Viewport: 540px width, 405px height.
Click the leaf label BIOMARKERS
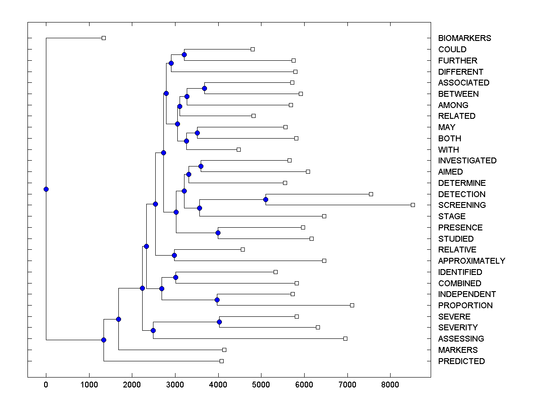coord(464,38)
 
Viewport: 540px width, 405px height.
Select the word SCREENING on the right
coord(462,205)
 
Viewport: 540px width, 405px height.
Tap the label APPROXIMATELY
coord(471,261)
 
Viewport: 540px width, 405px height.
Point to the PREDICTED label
coord(461,361)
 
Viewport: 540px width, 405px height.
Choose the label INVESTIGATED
coord(467,161)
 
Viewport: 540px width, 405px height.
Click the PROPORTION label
coord(465,306)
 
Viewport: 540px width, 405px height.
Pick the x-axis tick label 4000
coord(218,385)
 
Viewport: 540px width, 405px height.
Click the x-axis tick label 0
coord(46,385)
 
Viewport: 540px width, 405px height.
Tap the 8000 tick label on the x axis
coord(390,385)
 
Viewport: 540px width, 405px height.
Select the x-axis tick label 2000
coord(132,385)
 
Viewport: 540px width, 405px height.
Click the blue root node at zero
coord(46,189)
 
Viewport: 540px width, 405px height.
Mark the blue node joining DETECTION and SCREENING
coord(265,199)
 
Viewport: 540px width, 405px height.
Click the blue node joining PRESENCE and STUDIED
coord(218,233)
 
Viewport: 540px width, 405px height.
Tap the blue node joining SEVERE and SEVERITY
coord(219,322)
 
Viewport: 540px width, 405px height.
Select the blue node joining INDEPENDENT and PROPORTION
coord(217,300)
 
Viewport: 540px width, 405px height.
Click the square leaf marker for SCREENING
coord(413,205)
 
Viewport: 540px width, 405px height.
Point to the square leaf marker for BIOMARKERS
coord(103,38)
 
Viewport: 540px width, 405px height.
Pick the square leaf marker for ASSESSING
coord(345,338)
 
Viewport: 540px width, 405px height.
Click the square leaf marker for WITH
coord(238,149)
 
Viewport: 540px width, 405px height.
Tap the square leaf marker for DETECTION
coord(371,194)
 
